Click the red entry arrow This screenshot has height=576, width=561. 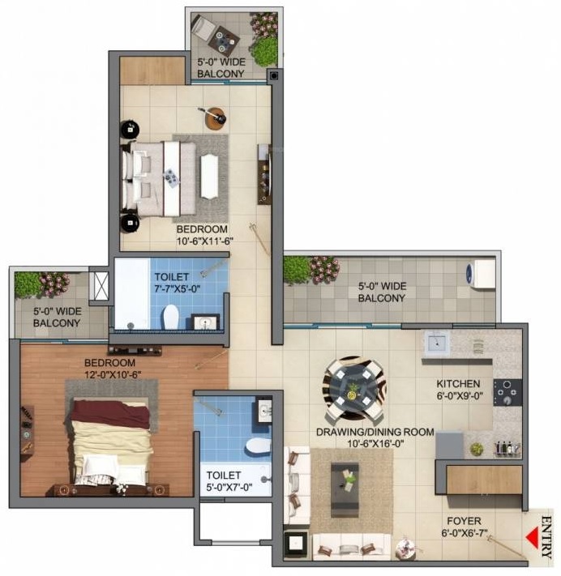pos(533,537)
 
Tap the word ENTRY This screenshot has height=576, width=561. pos(547,536)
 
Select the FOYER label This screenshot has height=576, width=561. pos(464,521)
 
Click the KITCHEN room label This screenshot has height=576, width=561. pos(458,384)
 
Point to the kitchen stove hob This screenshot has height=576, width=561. pos(507,392)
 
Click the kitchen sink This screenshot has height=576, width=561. pos(437,343)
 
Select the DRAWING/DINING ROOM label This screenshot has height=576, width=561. pos(375,432)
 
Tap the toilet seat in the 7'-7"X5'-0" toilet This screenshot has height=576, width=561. pos(170,317)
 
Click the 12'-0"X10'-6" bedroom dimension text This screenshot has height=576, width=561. pos(113,375)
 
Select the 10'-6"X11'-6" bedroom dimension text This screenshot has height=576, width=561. pos(205,241)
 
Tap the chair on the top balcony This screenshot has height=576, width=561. pos(204,28)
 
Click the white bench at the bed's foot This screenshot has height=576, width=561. pos(209,177)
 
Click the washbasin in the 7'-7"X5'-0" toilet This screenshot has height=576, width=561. pos(205,322)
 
